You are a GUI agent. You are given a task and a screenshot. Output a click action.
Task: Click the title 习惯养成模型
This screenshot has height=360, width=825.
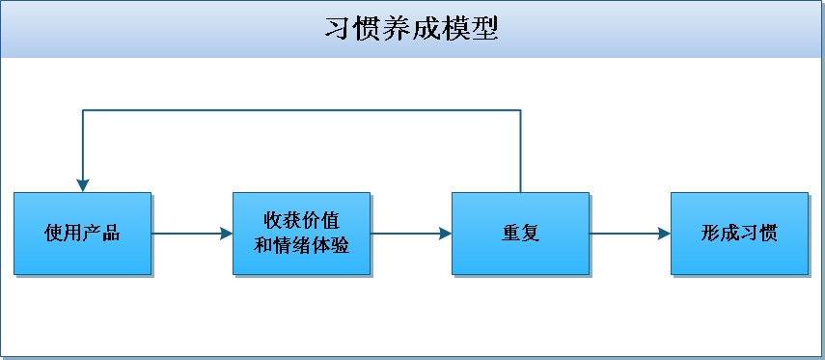click(411, 29)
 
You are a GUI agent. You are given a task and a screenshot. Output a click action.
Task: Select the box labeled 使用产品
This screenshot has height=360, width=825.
click(83, 234)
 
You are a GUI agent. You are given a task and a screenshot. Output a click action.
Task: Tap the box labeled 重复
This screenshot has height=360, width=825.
click(520, 234)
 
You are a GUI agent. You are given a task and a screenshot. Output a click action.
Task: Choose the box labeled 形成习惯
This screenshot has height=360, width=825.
click(739, 234)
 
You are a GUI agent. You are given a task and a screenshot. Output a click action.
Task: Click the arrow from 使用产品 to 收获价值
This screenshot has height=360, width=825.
click(192, 234)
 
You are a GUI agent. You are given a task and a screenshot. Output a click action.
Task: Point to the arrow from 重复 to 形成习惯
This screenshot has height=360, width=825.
click(630, 234)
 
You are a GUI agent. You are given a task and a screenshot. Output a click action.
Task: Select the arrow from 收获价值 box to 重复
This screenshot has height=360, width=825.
click(411, 234)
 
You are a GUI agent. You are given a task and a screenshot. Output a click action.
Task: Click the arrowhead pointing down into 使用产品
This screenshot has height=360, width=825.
click(83, 185)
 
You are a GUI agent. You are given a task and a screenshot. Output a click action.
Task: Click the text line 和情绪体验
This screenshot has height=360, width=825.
click(301, 245)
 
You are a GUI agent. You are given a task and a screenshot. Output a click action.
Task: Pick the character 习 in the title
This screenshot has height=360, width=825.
click(338, 29)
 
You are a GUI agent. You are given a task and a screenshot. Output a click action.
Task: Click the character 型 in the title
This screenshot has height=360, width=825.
click(484, 29)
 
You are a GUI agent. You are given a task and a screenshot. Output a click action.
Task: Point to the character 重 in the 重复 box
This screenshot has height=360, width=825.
click(510, 234)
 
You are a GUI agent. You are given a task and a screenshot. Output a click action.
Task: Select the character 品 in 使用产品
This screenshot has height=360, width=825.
click(111, 234)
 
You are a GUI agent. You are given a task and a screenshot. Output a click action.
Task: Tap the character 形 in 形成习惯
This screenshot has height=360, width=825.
click(710, 234)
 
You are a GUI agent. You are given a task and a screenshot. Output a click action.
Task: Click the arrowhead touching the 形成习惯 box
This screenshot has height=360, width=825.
click(664, 234)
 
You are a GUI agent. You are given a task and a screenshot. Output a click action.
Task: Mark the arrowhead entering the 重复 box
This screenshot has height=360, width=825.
click(445, 234)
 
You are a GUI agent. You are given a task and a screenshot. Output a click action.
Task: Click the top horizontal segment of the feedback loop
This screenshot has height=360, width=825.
click(301, 111)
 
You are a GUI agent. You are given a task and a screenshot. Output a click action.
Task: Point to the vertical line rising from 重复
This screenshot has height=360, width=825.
click(520, 152)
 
